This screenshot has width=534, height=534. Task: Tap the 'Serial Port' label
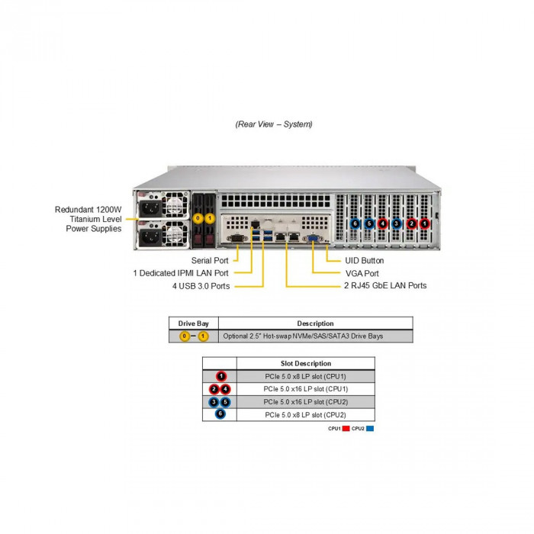click(x=210, y=260)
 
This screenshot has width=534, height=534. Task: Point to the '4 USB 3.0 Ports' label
click(x=201, y=285)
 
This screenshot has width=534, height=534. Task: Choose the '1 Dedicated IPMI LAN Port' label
click(x=181, y=272)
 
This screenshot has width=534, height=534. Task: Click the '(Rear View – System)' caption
click(x=274, y=124)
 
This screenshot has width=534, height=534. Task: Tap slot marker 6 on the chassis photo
click(x=355, y=224)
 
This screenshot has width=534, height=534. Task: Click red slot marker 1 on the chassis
click(x=425, y=224)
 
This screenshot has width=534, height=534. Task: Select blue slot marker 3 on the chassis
click(x=397, y=224)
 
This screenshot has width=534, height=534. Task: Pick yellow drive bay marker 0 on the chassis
click(x=198, y=218)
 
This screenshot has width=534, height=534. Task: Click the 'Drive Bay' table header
click(x=194, y=323)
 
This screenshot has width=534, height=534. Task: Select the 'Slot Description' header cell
click(x=306, y=363)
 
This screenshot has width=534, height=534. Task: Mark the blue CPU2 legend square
click(x=369, y=429)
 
